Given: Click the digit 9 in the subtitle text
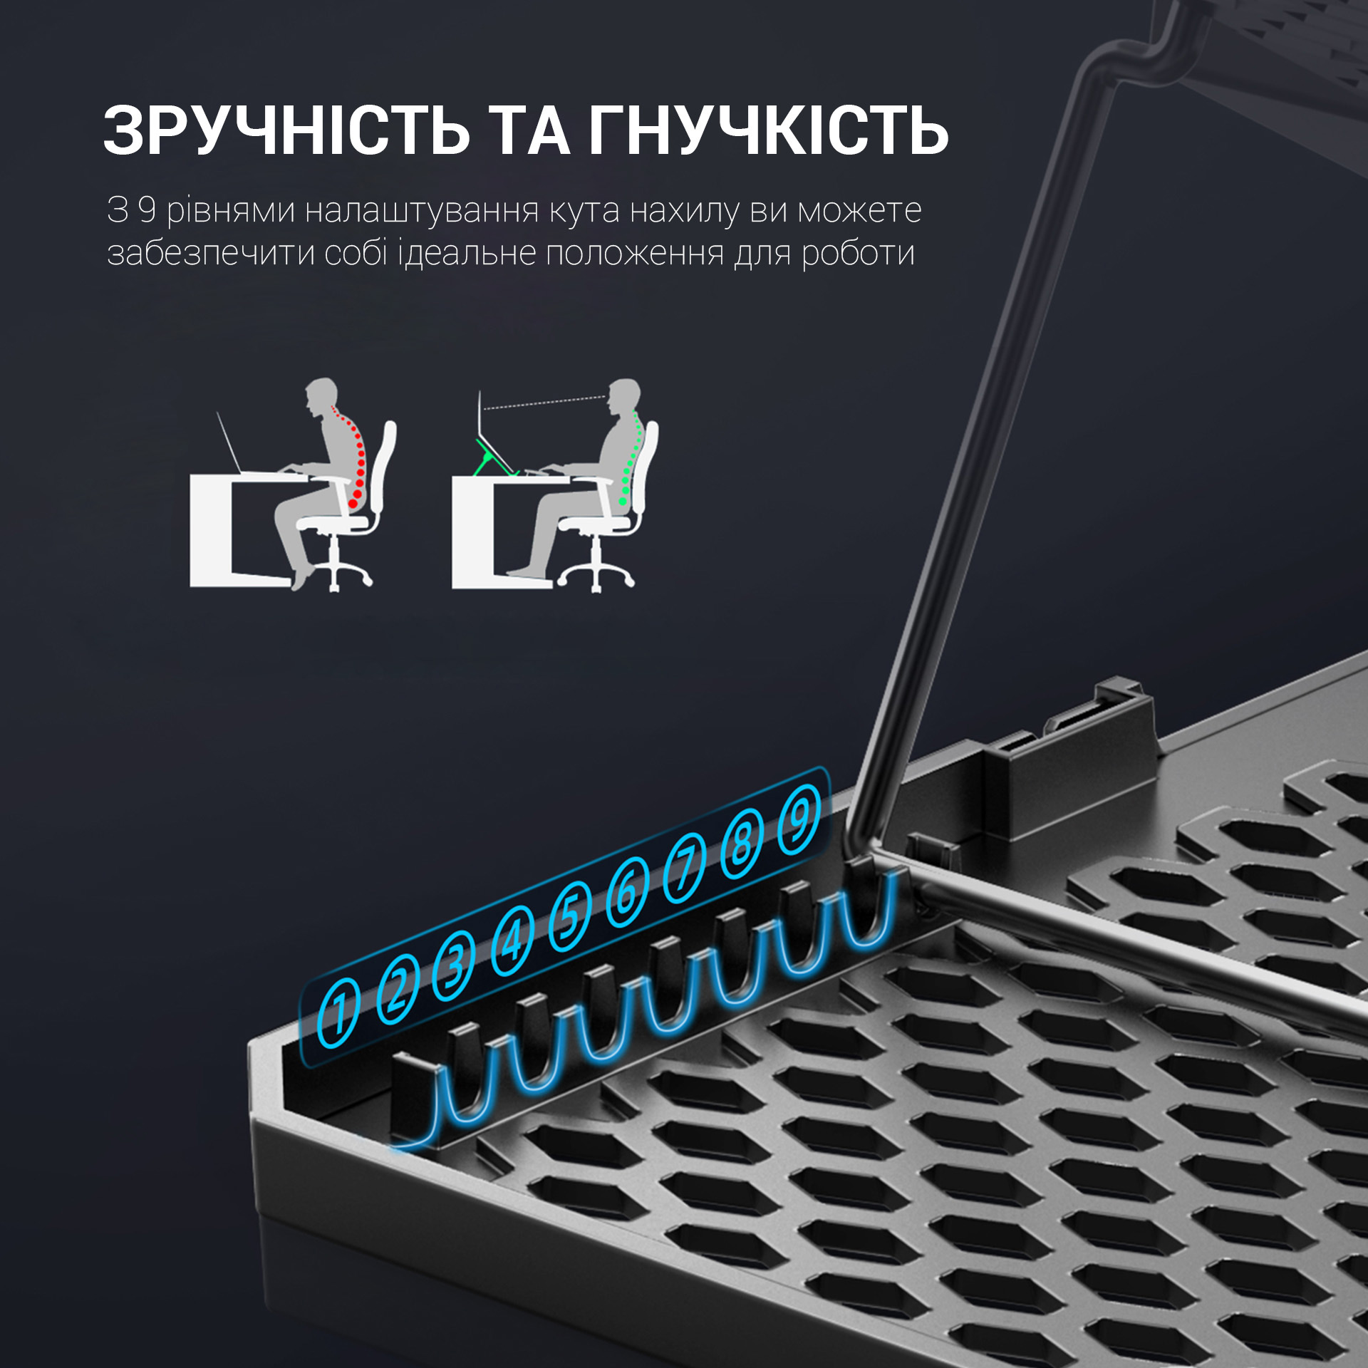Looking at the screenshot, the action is coord(147,210).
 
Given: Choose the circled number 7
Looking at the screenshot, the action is coord(685,867).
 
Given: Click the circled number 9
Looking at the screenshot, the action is coord(799,820).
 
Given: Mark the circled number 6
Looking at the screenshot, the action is coord(627,891).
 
